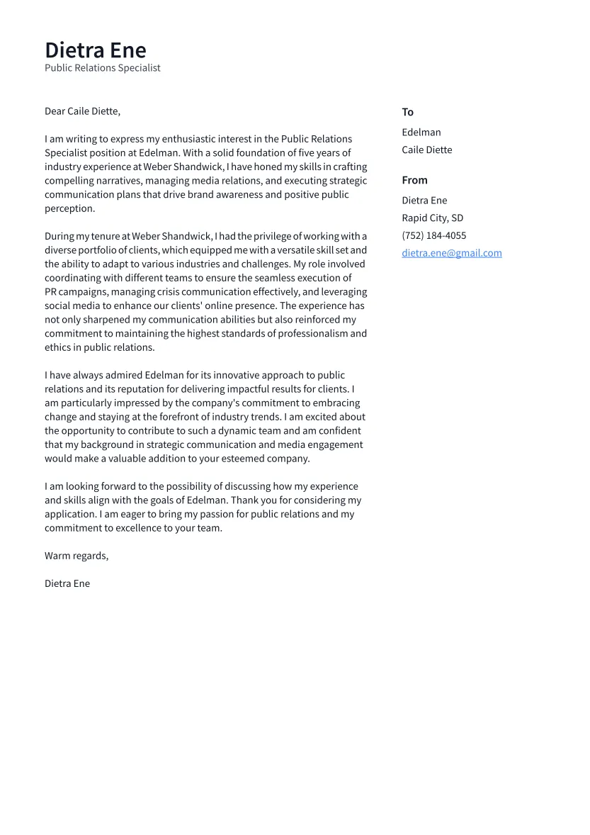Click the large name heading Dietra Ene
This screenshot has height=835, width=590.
(96, 50)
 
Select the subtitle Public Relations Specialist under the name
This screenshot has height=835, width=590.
(103, 68)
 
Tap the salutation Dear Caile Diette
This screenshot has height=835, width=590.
(82, 111)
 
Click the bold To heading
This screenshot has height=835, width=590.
(407, 112)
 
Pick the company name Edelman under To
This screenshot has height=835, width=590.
(421, 133)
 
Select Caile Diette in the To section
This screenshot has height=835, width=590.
(426, 150)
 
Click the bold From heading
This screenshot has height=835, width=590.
(414, 180)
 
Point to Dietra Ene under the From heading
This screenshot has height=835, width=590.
(424, 201)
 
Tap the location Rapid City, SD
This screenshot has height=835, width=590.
(432, 218)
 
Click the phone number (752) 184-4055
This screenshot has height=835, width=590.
(433, 235)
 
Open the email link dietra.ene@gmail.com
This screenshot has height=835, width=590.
(451, 253)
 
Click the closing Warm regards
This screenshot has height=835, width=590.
(76, 556)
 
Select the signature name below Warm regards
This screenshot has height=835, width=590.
(67, 583)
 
